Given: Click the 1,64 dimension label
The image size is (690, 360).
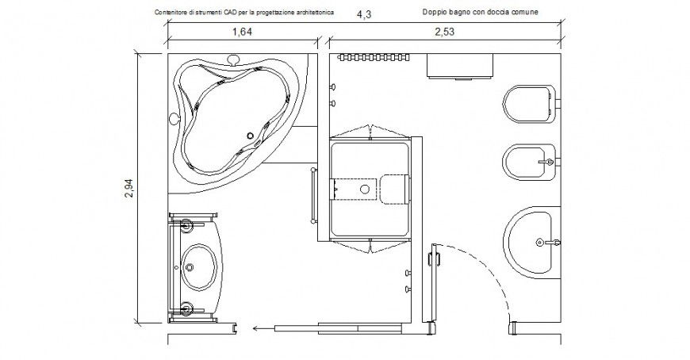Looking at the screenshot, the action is tap(242, 32).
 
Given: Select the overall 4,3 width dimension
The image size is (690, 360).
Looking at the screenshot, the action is tap(364, 14).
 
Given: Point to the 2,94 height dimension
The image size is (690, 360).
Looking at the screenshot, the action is tap(128, 188).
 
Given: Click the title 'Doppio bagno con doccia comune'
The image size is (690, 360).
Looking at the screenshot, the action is tap(480, 12).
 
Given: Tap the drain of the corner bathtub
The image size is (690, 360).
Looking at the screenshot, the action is tap(251, 136).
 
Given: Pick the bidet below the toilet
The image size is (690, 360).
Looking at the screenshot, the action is tap(531, 162).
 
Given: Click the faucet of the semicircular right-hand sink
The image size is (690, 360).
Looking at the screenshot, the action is tap(548, 242).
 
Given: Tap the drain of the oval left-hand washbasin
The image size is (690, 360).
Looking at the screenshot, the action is tap(190, 266).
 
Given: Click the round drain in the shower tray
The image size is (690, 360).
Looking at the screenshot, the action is tap(365, 190).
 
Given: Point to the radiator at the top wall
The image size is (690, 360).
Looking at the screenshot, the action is tap(374, 57).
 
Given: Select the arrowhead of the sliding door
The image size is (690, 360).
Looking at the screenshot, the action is tap(255, 327).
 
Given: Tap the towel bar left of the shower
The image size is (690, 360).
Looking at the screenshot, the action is tap(314, 195).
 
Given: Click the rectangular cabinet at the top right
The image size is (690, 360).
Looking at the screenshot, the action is tap(459, 67).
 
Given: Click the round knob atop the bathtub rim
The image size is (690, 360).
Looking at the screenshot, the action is tap(233, 59).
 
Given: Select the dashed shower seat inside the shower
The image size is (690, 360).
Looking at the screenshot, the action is tap(396, 190).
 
